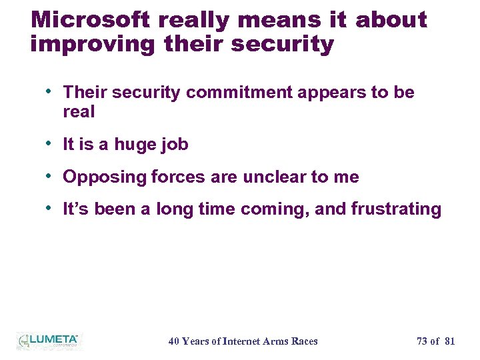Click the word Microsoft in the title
click(91, 19)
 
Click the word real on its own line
click(79, 112)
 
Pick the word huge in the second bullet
click(136, 145)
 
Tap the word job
click(175, 145)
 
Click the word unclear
click(273, 177)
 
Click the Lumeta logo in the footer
click(48, 341)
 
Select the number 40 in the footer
click(173, 341)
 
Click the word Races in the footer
click(304, 341)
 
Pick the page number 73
click(422, 341)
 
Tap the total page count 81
click(449, 341)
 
